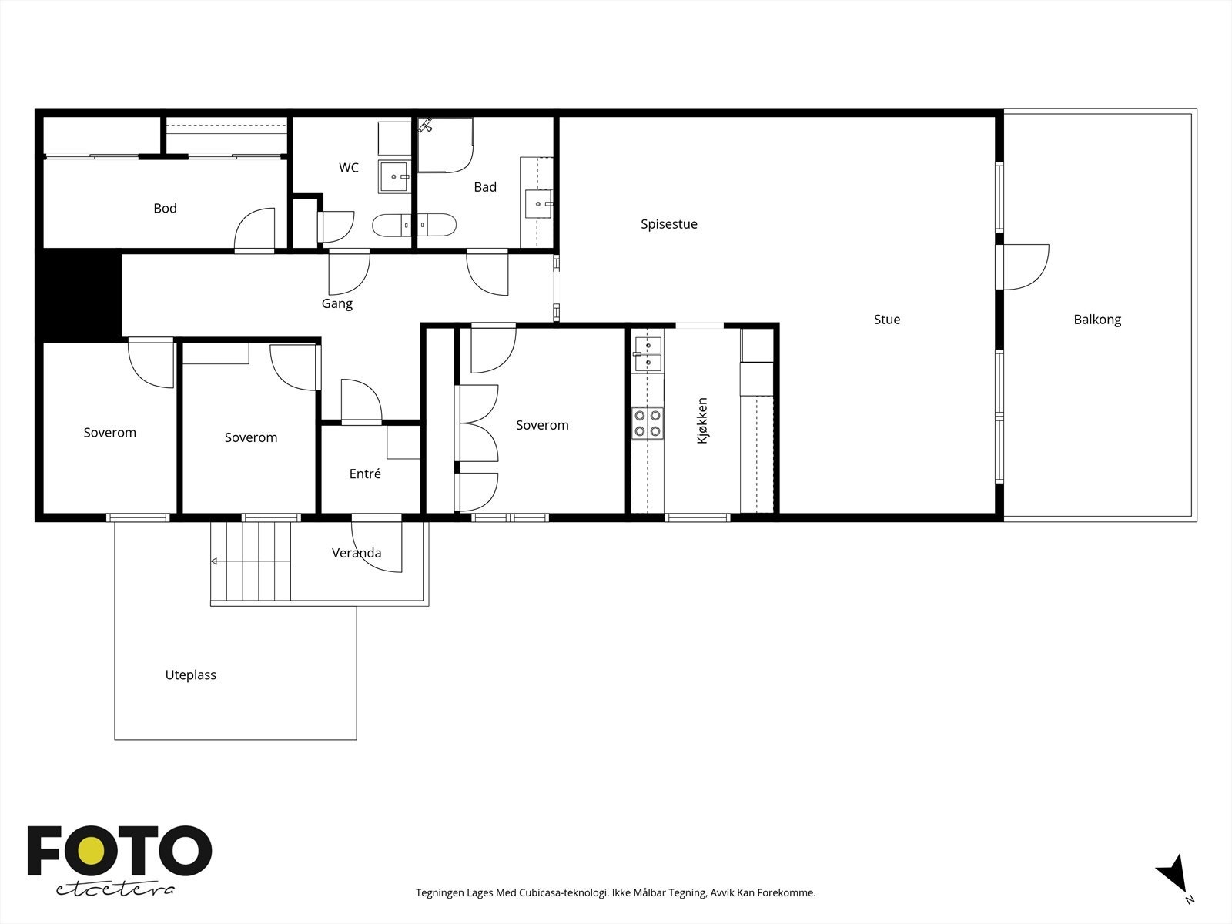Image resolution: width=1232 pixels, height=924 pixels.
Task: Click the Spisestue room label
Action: point(669,224)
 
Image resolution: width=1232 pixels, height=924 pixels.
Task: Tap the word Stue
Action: point(887,320)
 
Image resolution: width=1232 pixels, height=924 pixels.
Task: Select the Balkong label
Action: point(1097,320)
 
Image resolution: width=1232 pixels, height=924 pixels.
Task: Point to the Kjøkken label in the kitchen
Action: point(702,420)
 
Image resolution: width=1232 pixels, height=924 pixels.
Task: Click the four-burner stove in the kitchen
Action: point(648,423)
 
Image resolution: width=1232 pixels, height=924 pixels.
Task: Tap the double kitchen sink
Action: point(648,354)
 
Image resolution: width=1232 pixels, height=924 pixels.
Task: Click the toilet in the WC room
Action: point(392,225)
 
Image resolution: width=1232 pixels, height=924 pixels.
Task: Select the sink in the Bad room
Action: point(539,203)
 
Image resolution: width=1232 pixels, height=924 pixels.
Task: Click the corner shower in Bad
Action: point(445,145)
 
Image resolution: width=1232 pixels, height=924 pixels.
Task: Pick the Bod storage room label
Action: point(165,208)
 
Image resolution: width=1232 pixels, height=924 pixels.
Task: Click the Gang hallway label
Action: point(336,304)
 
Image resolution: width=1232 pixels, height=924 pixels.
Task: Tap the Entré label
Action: point(365,474)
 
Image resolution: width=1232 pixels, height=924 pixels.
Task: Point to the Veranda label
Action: point(357,553)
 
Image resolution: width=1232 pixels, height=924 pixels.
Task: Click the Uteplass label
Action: point(190,675)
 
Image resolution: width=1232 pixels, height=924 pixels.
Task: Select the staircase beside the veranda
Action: point(251,561)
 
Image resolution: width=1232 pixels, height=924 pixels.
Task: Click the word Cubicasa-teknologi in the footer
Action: point(564,892)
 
